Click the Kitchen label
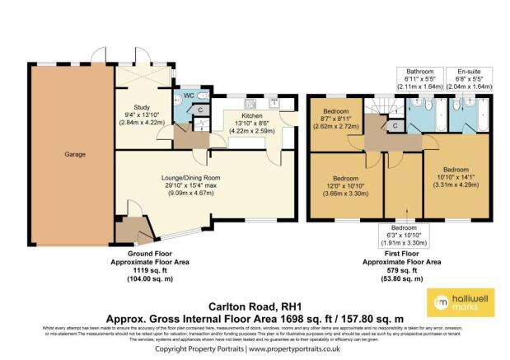[250, 115]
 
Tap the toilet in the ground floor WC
[204, 93]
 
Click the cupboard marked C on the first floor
[395, 125]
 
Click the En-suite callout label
[469, 71]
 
